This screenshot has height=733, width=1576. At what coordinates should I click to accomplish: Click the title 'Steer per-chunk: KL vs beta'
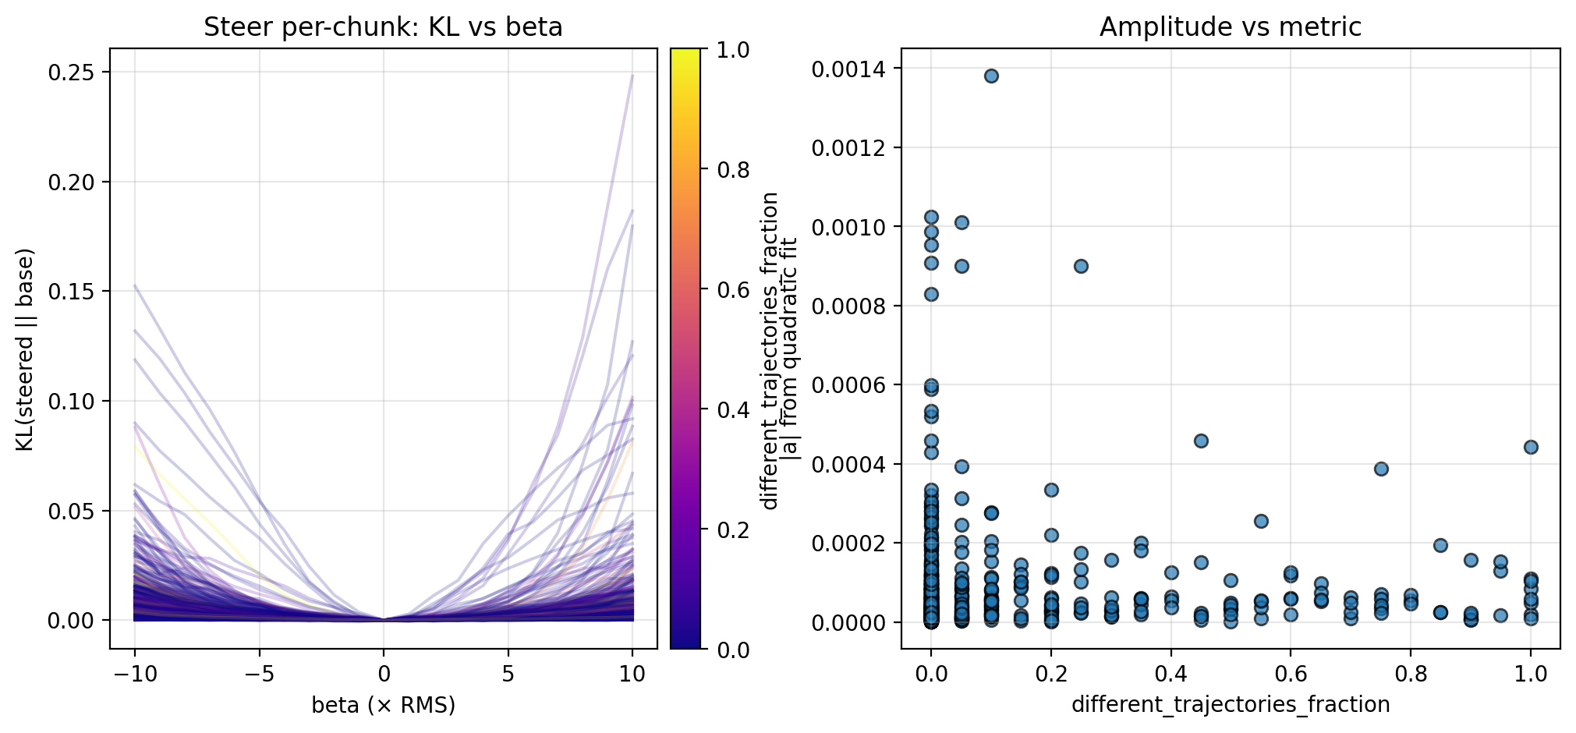pos(383,27)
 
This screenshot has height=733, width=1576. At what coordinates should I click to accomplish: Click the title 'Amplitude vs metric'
pos(1230,27)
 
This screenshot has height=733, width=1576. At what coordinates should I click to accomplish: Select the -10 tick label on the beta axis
pos(134,674)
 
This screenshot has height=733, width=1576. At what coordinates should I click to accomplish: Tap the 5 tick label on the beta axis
pos(508,674)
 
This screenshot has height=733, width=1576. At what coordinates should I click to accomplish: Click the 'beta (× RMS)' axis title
pos(383,705)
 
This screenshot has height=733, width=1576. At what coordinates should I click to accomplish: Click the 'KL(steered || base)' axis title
pos(26,349)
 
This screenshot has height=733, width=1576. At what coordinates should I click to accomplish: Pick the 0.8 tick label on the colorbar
pos(733,170)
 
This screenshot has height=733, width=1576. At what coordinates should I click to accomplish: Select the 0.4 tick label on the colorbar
pos(733,410)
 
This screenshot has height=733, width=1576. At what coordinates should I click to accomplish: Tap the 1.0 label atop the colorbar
pos(733,50)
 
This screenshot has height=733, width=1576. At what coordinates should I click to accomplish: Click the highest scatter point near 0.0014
pos(991,76)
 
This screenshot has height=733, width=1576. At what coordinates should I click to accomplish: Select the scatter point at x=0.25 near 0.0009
pos(1081,266)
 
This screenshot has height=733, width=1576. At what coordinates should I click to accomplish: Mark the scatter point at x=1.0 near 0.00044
pos(1531,447)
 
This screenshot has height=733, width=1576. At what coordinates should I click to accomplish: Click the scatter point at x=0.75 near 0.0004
pos(1381,469)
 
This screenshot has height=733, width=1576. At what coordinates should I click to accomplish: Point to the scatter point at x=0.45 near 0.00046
pos(1201,441)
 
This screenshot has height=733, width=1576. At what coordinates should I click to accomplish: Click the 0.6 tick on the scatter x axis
pos(1291,674)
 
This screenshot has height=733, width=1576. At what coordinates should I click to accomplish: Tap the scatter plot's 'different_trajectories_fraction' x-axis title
pos(1230,705)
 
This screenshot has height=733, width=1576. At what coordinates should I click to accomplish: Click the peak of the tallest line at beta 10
pos(632,76)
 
